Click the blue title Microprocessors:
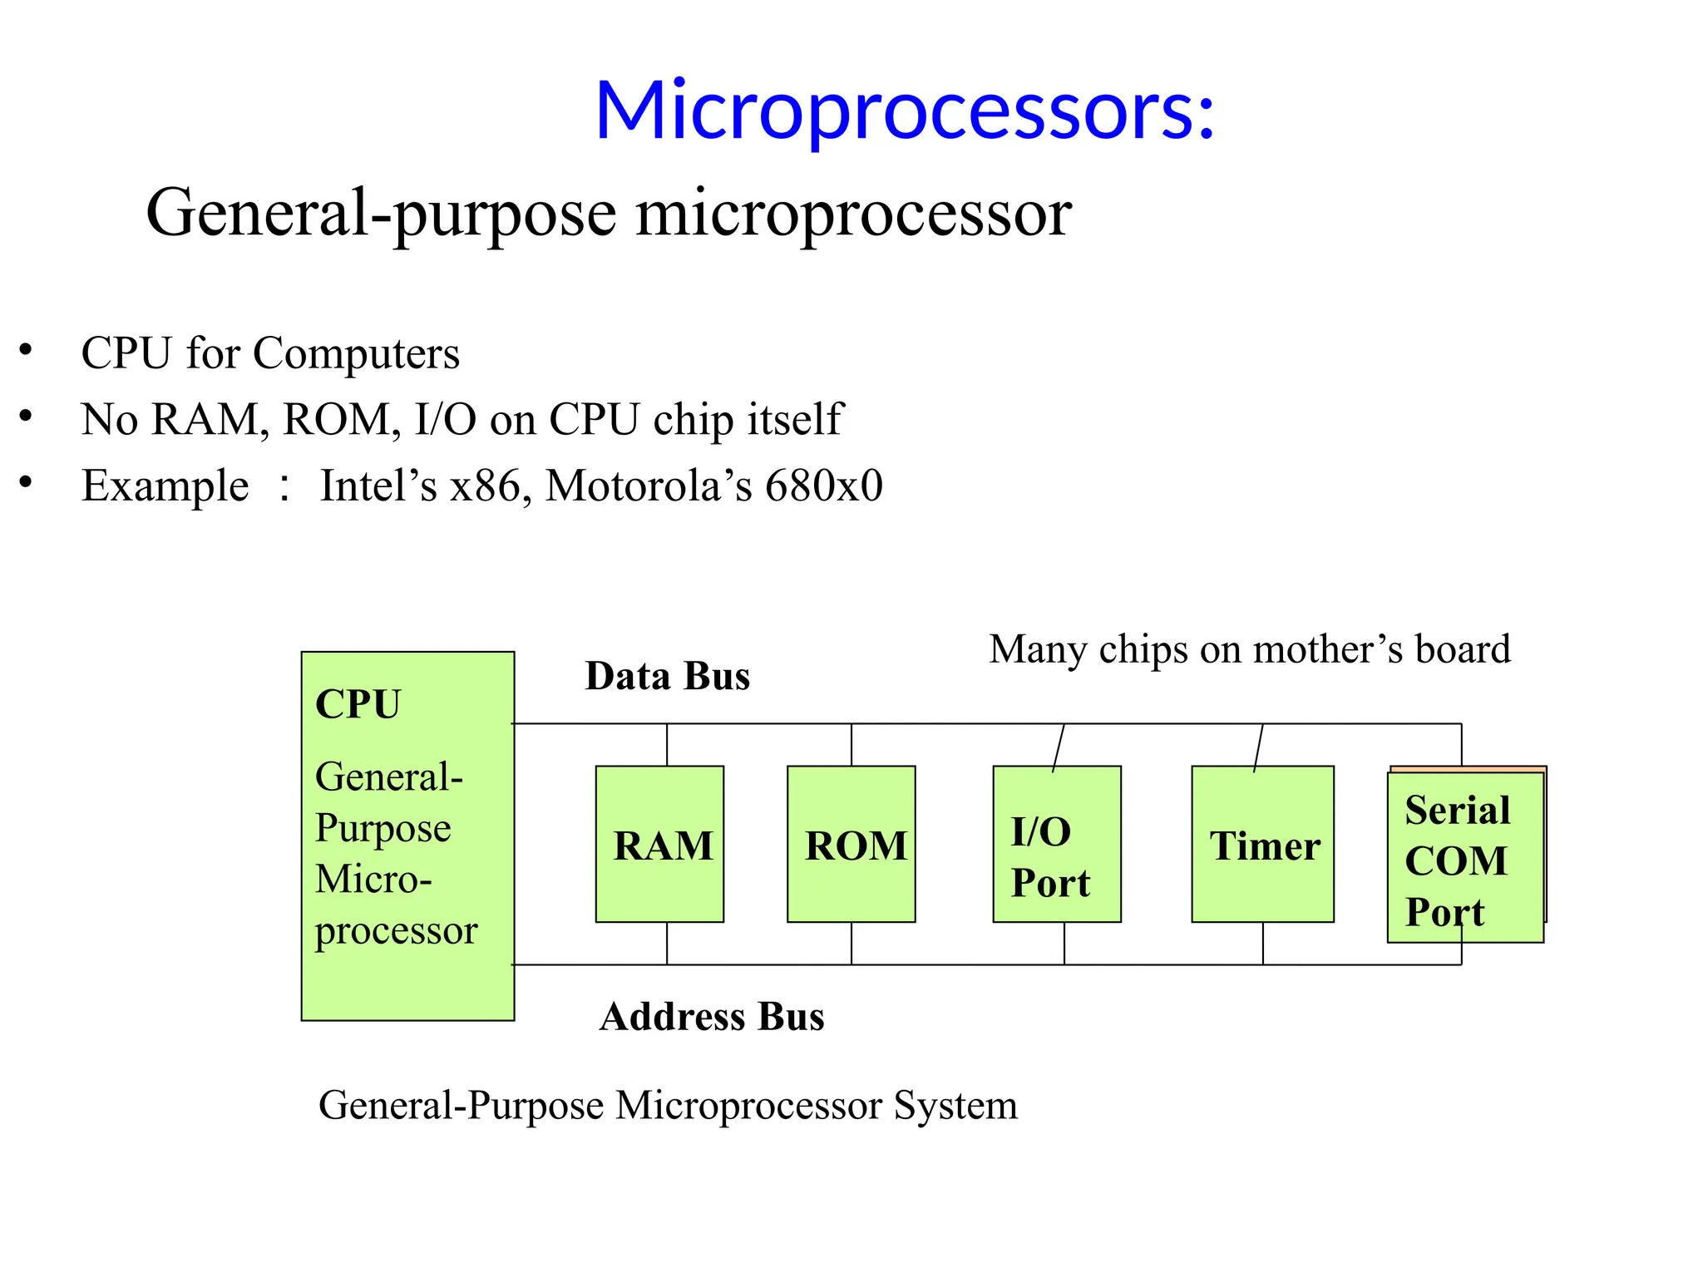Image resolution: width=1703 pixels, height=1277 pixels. (x=905, y=111)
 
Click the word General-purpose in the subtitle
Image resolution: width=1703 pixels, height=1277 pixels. (x=382, y=214)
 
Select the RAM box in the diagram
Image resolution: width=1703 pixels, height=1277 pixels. (x=659, y=845)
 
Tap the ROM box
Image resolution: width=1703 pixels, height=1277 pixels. (x=851, y=845)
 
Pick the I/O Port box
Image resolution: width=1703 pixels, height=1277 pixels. (x=1056, y=845)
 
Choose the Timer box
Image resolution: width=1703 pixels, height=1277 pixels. (x=1262, y=845)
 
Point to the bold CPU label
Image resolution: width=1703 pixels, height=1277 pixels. (x=358, y=704)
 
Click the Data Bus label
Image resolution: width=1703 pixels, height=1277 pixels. (x=667, y=676)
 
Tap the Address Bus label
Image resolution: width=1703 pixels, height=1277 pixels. (x=712, y=1017)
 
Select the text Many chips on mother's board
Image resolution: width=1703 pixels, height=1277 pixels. (x=1249, y=649)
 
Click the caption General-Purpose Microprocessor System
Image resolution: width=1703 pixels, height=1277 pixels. (x=668, y=1106)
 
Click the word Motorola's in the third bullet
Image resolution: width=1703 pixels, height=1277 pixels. (x=649, y=486)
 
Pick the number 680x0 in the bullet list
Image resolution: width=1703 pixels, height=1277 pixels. (x=823, y=486)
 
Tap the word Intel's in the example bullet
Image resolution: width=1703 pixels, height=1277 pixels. (x=378, y=486)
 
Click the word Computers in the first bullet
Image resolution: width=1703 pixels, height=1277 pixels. (x=356, y=353)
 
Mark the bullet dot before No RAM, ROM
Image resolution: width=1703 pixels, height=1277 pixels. (x=26, y=416)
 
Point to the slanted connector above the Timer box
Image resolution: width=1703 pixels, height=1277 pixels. (x=1258, y=747)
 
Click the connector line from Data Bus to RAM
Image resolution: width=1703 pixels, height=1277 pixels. (x=667, y=745)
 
